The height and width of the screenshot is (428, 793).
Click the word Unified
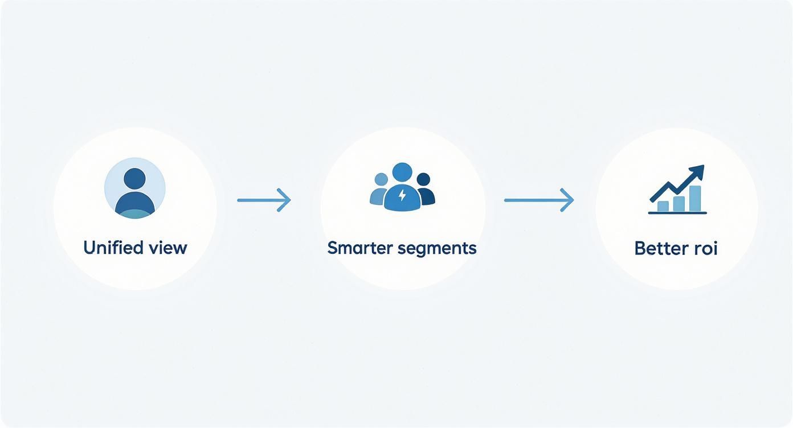[x=113, y=247]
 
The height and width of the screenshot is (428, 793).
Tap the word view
[x=168, y=248]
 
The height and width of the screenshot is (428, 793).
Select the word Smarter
[x=360, y=248]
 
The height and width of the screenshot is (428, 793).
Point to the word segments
[x=437, y=248]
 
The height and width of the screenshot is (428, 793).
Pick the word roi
[x=703, y=248]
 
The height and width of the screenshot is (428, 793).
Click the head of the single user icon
[x=134, y=179]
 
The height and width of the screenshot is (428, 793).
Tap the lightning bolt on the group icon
[x=402, y=195]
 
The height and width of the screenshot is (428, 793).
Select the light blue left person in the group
[x=379, y=189]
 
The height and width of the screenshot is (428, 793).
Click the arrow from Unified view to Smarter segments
[x=264, y=200]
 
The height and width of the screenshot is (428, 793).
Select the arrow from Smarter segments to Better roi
[x=539, y=200]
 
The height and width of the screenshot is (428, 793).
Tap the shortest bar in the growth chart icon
[x=663, y=206]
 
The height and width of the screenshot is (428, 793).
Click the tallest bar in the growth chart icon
[x=695, y=199]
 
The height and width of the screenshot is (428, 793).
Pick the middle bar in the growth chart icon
[x=679, y=204]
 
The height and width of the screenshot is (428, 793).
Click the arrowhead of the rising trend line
[x=697, y=171]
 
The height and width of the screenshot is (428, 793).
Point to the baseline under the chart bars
[x=677, y=213]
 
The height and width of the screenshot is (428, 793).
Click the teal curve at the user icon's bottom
[x=135, y=214]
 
